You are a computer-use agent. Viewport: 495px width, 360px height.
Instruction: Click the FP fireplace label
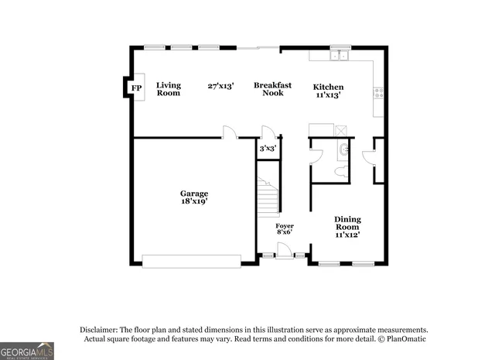point(137,88)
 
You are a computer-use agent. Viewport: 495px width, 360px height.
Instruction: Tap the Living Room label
point(168,89)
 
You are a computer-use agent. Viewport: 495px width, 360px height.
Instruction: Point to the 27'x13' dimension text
point(221,85)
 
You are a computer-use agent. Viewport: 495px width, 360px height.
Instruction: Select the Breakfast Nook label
point(272,89)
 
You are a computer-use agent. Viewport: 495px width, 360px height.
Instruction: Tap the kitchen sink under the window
point(338,56)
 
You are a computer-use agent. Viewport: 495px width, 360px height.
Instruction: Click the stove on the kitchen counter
point(378,92)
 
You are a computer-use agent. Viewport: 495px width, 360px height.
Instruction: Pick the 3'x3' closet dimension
point(268,147)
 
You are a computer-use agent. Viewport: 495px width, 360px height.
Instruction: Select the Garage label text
point(194,194)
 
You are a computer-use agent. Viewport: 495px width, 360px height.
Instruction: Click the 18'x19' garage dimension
point(194,201)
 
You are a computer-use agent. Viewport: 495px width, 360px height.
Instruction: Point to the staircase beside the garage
point(268,197)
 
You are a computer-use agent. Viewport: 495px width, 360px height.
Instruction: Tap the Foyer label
point(285,226)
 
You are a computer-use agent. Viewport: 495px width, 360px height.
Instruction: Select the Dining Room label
point(347,224)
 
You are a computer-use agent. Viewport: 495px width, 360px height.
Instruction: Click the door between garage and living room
point(230,133)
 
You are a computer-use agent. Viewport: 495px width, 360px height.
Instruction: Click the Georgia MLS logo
point(27,351)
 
